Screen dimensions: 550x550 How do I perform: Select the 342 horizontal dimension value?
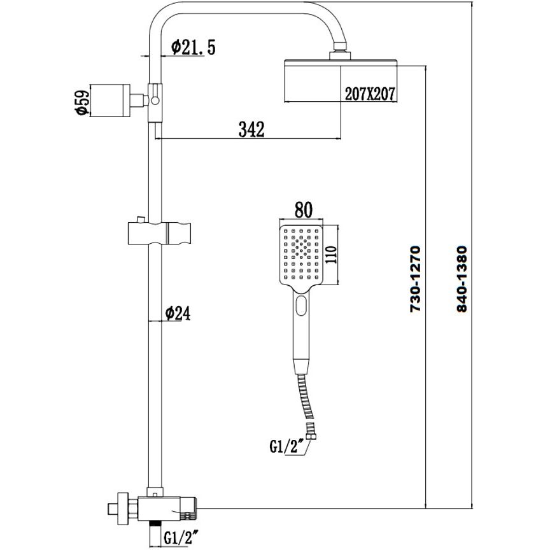(251, 129)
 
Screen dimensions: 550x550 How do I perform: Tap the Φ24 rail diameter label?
(178, 313)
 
